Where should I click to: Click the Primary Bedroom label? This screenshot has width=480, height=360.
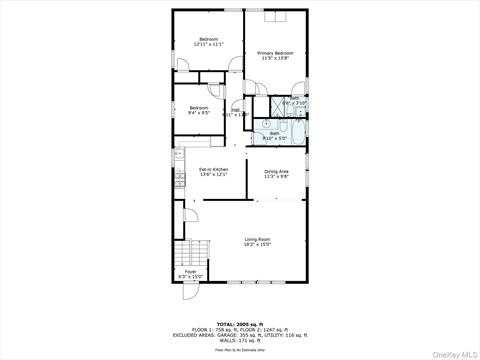pos(275,52)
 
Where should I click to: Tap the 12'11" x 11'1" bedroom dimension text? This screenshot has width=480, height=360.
pos(208,44)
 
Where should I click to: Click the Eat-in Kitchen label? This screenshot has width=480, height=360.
pos(213,169)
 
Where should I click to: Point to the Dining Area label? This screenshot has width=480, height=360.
pos(277,171)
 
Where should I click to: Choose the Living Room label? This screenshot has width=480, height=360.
pos(258,238)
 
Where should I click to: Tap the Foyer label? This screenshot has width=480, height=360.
pos(189,271)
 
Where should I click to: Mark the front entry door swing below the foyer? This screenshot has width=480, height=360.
pos(189,294)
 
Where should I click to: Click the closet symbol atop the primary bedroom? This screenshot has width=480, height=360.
pos(277,16)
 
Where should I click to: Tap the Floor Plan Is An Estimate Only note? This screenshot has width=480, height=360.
pos(239,350)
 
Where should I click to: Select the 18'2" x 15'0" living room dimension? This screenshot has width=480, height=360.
pos(258,244)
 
